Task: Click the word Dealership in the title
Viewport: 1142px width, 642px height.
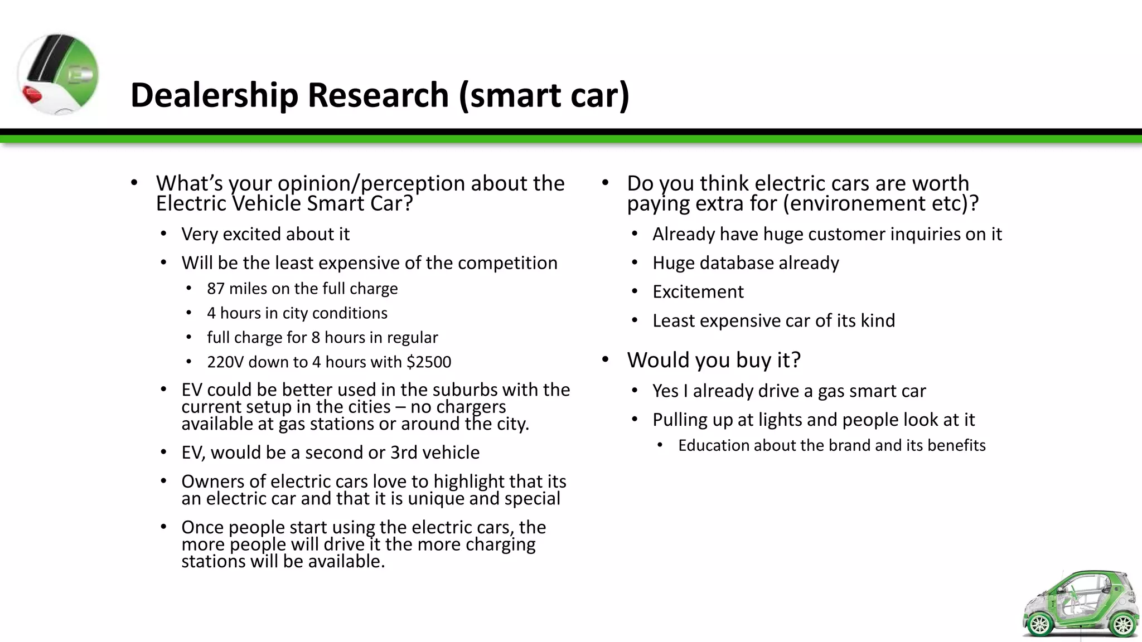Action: point(214,95)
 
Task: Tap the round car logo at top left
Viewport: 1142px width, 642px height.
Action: point(58,74)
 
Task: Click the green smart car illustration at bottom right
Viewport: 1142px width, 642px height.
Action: point(1080,605)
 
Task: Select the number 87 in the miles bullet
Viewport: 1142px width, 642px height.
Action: point(215,289)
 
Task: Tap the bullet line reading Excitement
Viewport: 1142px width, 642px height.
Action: point(698,292)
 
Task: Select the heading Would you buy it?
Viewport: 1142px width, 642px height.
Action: point(713,360)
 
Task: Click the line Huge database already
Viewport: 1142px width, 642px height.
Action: point(745,263)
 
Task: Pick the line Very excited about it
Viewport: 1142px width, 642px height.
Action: point(265,234)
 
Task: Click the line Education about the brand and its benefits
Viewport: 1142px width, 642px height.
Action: point(831,446)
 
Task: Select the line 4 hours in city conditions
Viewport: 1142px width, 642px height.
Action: point(297,313)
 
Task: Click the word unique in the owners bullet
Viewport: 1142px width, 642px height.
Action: point(437,498)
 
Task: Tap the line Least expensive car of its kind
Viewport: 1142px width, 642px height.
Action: point(773,321)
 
